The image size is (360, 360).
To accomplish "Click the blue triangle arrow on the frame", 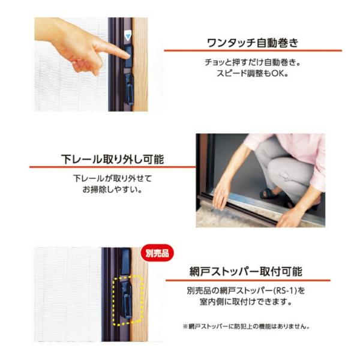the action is tap(127, 37).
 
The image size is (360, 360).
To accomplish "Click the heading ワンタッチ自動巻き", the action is tap(253, 43).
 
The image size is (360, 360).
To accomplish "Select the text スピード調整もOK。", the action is tap(253, 73).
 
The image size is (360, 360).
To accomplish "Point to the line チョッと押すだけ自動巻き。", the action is tap(253, 62).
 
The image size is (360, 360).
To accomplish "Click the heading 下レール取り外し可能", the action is tap(113, 160).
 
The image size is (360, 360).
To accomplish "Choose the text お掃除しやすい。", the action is tap(112, 190).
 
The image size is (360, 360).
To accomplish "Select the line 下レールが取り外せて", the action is tap(113, 178).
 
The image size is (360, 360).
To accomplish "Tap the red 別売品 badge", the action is tap(157, 253).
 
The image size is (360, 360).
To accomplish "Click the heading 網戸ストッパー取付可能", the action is tap(246, 271).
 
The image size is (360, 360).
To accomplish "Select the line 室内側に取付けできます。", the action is tap(246, 302).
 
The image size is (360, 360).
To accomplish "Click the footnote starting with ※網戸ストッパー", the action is tap(247, 326).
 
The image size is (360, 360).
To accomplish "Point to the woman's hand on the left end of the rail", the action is tap(220, 194).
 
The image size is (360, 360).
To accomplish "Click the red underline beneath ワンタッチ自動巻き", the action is tap(253, 50).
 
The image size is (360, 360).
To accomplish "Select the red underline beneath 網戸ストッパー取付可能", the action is tap(248, 280).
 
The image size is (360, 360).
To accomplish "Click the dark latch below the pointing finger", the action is tap(129, 89).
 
